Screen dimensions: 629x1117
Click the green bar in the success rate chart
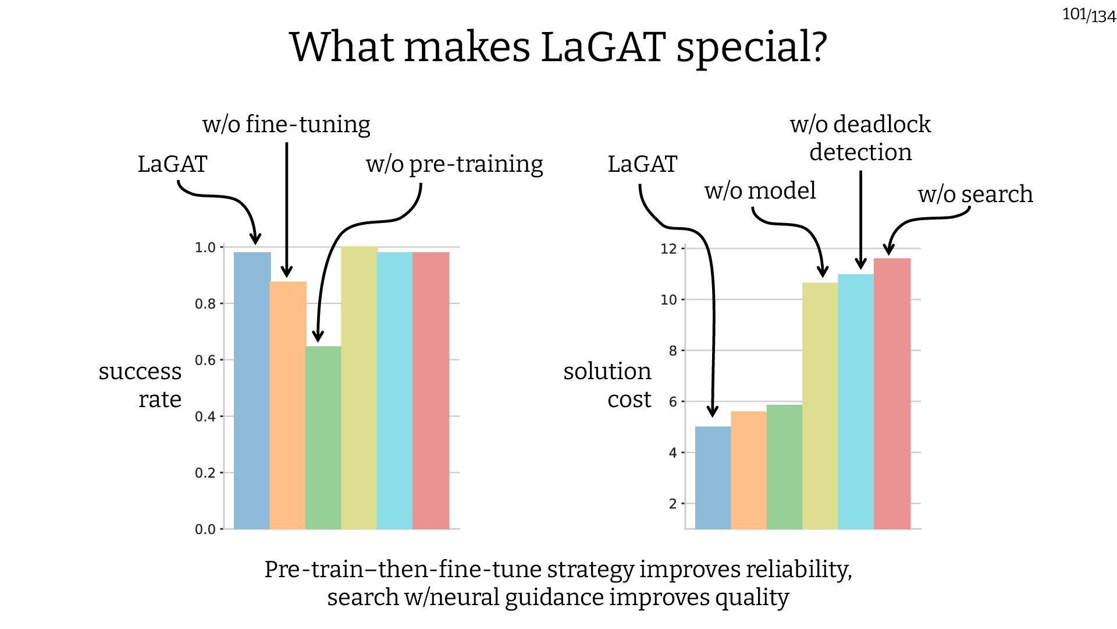click(323, 437)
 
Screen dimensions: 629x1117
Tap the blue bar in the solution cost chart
click(713, 478)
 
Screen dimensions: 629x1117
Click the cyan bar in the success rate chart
click(394, 390)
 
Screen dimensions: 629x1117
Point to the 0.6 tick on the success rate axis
click(205, 361)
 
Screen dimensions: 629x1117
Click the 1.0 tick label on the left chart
click(205, 248)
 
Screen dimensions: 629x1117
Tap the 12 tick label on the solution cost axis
click(668, 249)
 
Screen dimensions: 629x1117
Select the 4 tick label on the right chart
click(673, 453)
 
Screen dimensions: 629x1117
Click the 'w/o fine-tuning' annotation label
click(286, 125)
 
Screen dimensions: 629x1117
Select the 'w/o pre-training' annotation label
click(454, 164)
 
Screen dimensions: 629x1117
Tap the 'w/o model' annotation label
click(760, 191)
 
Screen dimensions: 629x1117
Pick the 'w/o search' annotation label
click(975, 195)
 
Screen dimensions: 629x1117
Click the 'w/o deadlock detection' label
click(860, 139)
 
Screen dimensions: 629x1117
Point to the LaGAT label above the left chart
click(172, 164)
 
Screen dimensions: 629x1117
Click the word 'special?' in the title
click(751, 48)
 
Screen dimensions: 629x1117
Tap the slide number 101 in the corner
click(1074, 13)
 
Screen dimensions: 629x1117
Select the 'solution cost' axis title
click(607, 385)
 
